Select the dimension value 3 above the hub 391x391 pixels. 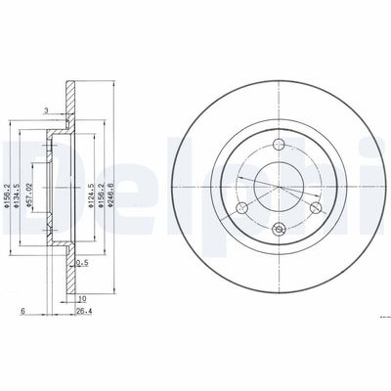tap(45, 111)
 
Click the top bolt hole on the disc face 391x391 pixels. tap(279, 146)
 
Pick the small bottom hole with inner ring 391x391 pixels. tap(279, 230)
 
